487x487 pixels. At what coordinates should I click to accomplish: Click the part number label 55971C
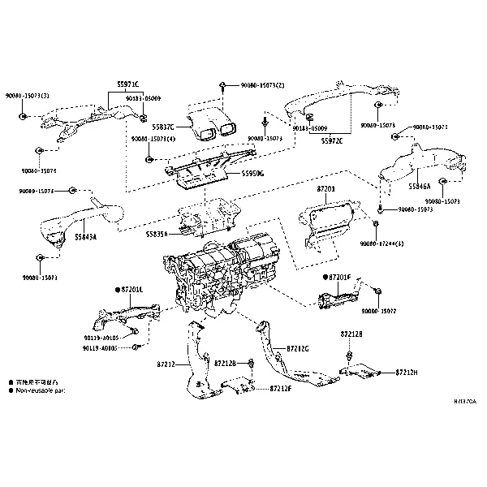126,84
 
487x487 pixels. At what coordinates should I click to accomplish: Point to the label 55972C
332,140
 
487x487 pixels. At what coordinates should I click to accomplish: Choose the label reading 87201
325,188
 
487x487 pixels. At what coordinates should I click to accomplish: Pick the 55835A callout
158,234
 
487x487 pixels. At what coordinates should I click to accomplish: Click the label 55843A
85,237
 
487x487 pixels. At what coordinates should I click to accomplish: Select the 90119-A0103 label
99,348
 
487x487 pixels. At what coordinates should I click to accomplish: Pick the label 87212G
297,348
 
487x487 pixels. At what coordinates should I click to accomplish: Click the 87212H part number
407,372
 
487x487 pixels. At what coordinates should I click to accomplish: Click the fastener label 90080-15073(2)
263,85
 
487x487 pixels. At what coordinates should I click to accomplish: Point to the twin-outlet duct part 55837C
213,122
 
